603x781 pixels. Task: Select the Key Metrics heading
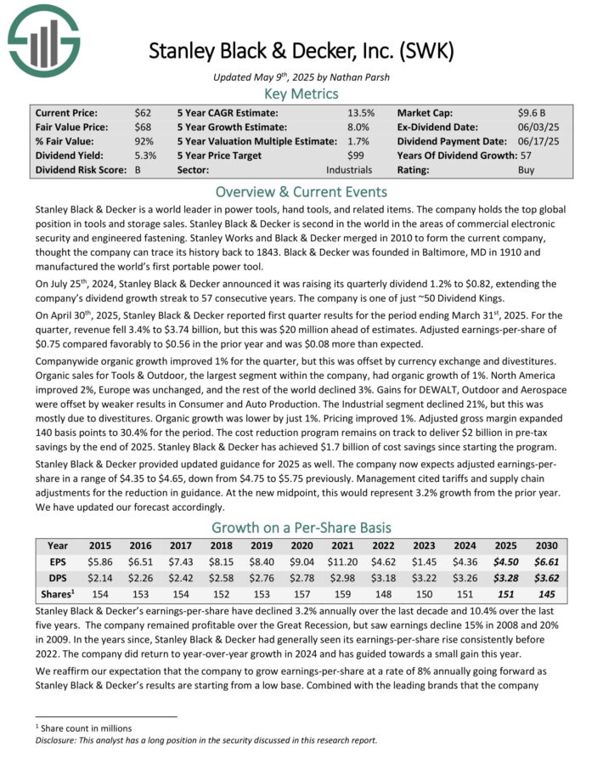tap(301, 93)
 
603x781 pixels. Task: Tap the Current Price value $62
tap(143, 112)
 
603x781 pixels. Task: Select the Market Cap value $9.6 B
tap(534, 112)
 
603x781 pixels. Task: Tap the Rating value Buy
tap(527, 170)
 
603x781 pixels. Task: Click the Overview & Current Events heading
tap(301, 191)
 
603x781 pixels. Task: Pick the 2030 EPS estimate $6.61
tap(544, 562)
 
